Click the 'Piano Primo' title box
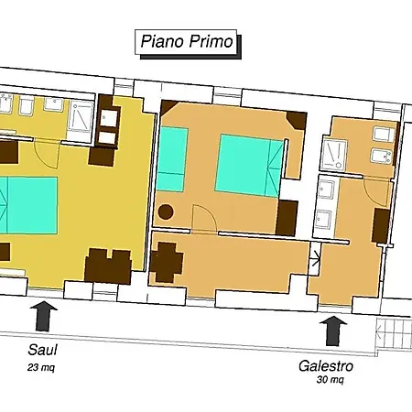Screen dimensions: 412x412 [x=186, y=42]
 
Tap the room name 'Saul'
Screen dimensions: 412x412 [x=42, y=350]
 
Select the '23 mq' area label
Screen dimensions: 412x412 [x=41, y=367]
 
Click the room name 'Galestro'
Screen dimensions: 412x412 [x=326, y=366]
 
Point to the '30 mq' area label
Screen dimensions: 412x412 [x=330, y=380]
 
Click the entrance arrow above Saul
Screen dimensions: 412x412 [x=44, y=316]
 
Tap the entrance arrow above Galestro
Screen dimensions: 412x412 [x=333, y=331]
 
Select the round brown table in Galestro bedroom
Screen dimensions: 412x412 [x=166, y=211]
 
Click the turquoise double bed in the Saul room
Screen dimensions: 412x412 [x=28, y=205]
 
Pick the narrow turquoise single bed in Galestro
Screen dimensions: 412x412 [x=171, y=159]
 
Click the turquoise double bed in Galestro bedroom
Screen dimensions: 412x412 [x=249, y=166]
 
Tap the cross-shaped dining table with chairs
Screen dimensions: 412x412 [x=167, y=262]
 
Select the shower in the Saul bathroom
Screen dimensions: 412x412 [x=81, y=115]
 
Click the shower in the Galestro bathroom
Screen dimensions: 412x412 [x=333, y=155]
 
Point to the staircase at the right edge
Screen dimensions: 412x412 [x=394, y=333]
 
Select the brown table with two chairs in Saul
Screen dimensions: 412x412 [x=108, y=266]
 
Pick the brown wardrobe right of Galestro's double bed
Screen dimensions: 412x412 [x=287, y=218]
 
